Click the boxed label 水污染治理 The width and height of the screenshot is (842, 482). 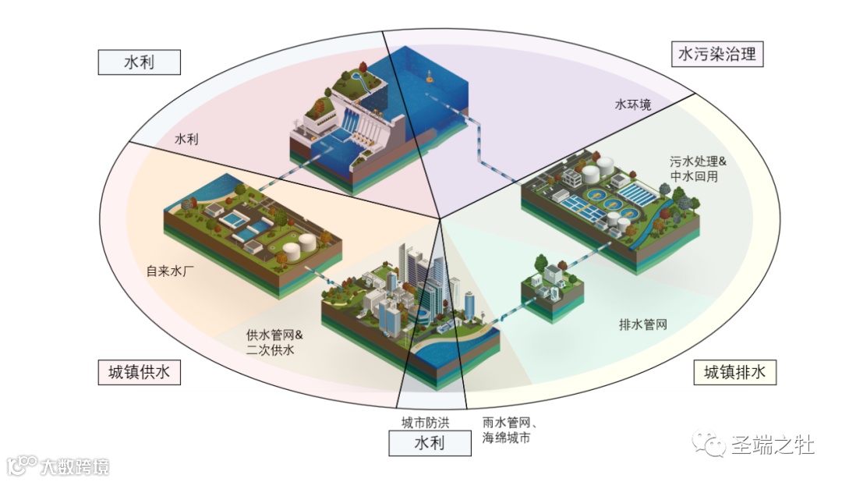point(717,54)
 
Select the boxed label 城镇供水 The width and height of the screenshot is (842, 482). point(140,372)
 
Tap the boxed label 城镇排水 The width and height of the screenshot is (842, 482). point(735,372)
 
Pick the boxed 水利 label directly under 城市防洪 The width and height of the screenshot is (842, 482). point(430,444)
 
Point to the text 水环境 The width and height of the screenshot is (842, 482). point(633,105)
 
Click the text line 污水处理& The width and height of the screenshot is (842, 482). point(698,162)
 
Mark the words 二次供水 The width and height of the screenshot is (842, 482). point(270,350)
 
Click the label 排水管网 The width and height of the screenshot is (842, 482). point(643,324)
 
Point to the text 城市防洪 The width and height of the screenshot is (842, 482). point(425,423)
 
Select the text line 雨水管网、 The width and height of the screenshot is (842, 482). point(511,424)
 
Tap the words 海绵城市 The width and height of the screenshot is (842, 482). point(507,438)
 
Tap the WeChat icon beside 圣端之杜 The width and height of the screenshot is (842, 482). point(713,445)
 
